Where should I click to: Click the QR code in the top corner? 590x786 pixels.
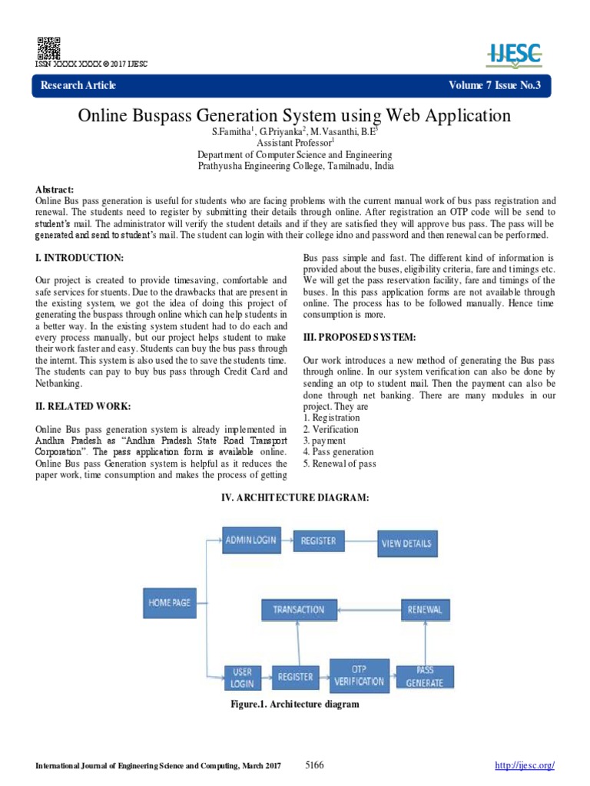pyautogui.click(x=48, y=48)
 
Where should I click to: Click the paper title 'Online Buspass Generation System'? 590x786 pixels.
pyautogui.click(x=294, y=116)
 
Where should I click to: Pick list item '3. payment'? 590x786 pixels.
pyautogui.click(x=325, y=441)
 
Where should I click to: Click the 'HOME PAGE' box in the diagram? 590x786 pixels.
pyautogui.click(x=169, y=603)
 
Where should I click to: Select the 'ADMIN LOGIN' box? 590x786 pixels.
pyautogui.click(x=250, y=540)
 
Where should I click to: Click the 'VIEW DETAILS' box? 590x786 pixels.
pyautogui.click(x=406, y=543)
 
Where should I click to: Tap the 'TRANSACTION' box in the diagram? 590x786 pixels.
pyautogui.click(x=299, y=609)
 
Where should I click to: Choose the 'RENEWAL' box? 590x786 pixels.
pyautogui.click(x=426, y=609)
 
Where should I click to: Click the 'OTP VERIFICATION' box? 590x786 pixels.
pyautogui.click(x=359, y=675)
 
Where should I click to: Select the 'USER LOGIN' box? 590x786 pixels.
pyautogui.click(x=242, y=676)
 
